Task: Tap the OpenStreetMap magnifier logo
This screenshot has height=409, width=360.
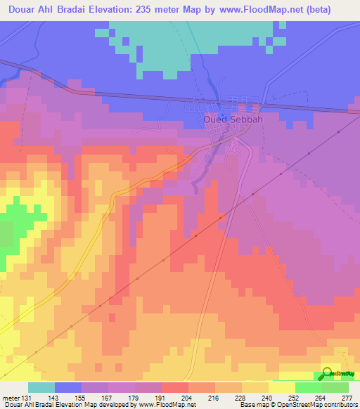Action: pyautogui.click(x=328, y=373)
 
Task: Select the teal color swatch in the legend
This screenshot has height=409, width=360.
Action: pyautogui.click(x=41, y=388)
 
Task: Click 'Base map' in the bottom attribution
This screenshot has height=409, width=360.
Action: pyautogui.click(x=253, y=404)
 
